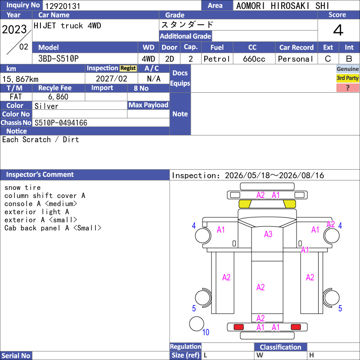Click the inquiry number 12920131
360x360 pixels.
coord(63,6)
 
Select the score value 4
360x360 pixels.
coord(338,30)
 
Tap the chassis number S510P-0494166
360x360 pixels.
coord(61,123)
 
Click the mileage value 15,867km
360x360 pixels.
coord(20,79)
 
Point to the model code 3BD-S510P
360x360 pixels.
coord(58,58)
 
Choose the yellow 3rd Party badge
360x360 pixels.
coord(347,78)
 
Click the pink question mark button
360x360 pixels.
coord(347,88)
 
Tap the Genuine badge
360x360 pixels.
coord(347,69)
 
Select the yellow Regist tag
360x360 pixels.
coord(128,68)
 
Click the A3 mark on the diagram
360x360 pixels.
coord(268,234)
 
